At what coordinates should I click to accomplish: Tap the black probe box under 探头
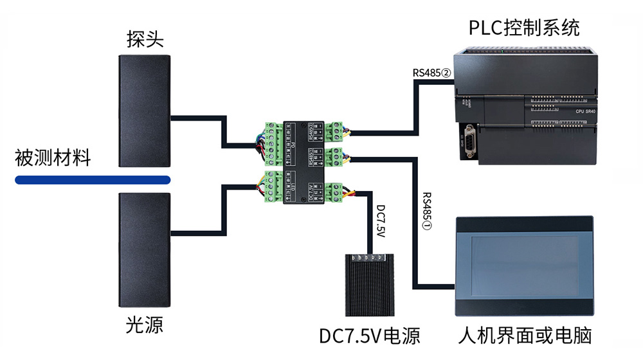click(x=145, y=110)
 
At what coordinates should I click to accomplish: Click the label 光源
click(x=145, y=325)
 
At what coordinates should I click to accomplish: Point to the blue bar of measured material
click(x=93, y=179)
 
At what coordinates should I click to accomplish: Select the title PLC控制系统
click(x=524, y=28)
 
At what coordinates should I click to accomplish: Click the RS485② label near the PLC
click(x=433, y=72)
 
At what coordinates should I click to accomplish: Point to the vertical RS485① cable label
click(x=428, y=212)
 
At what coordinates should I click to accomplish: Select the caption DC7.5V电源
click(x=370, y=336)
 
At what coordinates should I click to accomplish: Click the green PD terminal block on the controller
click(x=273, y=141)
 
